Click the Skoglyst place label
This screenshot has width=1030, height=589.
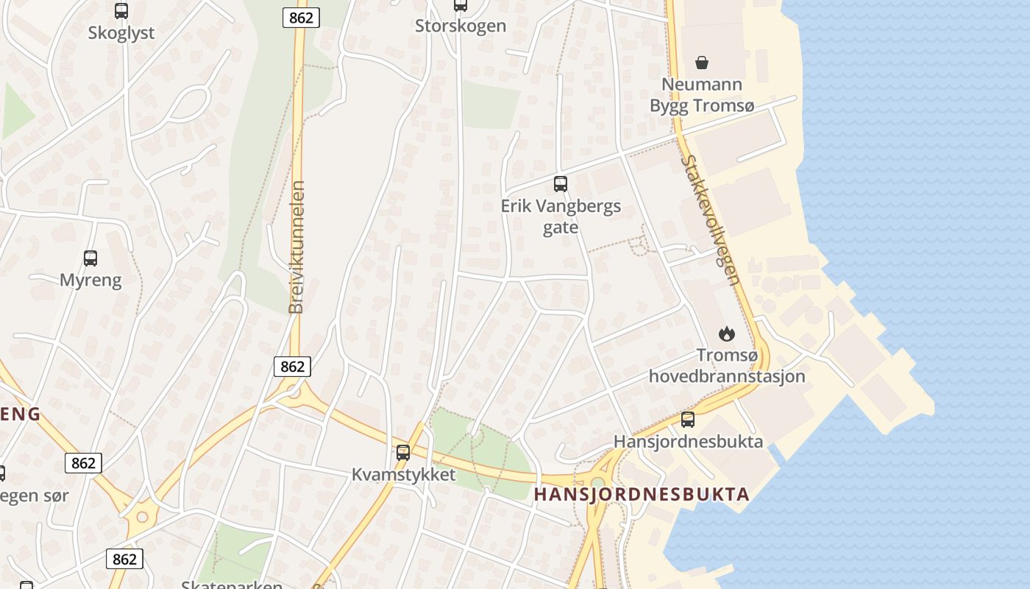121,33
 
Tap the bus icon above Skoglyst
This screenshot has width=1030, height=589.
121,11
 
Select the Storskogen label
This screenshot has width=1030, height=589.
461,26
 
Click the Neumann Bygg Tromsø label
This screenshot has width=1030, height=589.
702,95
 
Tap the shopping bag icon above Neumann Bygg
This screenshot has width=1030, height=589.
702,62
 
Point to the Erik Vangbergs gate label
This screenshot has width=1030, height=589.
561,216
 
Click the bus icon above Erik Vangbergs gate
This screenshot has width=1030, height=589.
561,184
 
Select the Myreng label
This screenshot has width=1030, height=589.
90,280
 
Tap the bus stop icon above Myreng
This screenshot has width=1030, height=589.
90,258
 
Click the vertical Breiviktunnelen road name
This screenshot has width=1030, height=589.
296,247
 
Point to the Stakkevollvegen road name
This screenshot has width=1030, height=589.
710,219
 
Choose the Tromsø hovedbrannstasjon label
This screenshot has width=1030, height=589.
727,366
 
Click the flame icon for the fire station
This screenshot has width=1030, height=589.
727,334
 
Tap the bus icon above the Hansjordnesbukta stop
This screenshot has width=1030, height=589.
688,420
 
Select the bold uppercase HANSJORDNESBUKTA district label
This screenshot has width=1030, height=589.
642,494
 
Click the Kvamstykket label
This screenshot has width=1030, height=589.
403,475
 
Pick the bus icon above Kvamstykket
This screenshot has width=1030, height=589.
403,453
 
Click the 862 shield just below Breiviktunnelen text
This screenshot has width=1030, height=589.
293,366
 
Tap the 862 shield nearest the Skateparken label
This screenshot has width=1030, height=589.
124,559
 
